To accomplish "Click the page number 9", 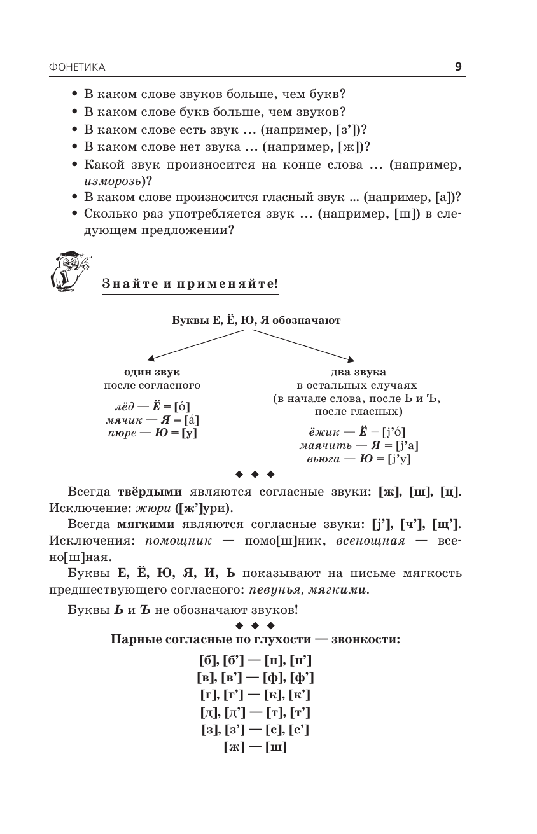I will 458,67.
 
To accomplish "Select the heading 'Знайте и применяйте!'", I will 190,283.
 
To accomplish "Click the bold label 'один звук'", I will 151,372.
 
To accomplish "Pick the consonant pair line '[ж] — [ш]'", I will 255,747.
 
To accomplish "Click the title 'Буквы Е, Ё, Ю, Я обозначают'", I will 256,320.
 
